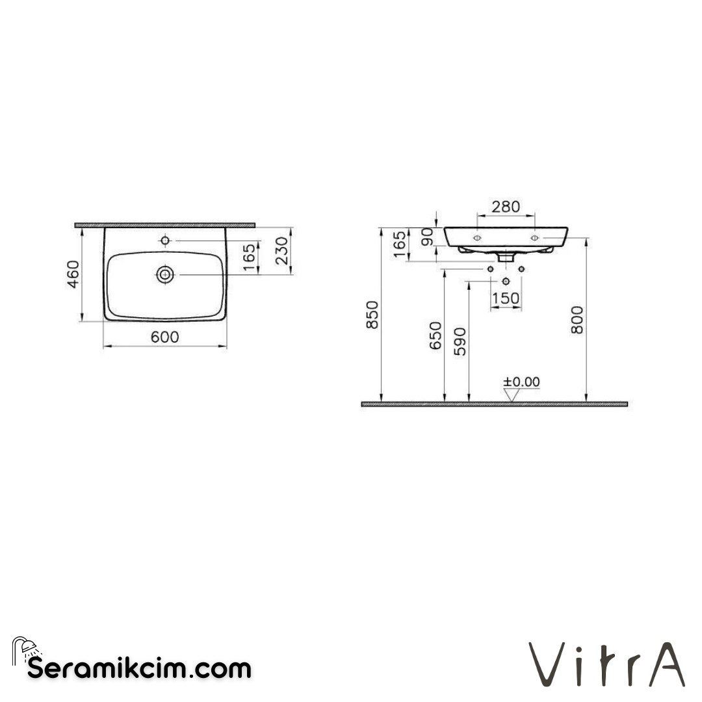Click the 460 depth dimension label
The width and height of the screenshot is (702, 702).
[73, 274]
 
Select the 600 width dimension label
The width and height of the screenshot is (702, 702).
[165, 337]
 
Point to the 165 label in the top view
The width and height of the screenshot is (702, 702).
[248, 255]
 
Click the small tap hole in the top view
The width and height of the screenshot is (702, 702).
[165, 241]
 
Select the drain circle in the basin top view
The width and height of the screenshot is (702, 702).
[165, 275]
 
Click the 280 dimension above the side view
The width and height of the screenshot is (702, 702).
[506, 207]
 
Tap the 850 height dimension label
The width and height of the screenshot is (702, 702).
[372, 315]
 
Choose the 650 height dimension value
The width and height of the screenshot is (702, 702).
[436, 335]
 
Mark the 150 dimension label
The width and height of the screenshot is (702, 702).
[506, 298]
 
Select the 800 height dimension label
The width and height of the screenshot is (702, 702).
[577, 319]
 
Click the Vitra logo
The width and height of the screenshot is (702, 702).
[606, 664]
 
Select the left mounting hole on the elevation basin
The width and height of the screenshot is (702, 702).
[476, 239]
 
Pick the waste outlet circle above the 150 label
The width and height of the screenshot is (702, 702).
[506, 281]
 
